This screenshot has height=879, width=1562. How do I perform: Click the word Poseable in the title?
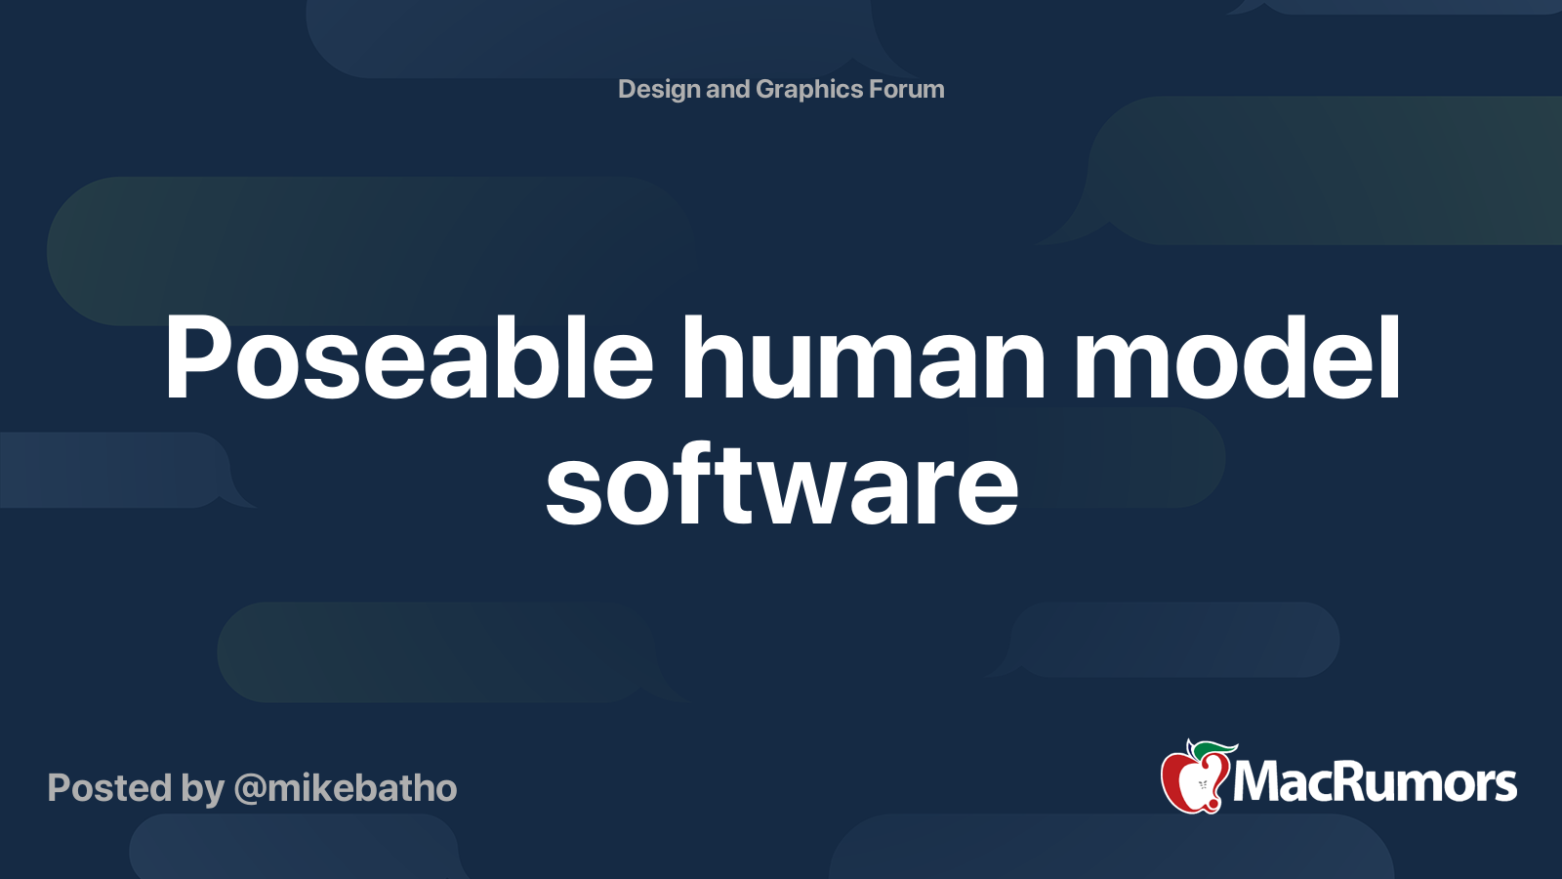coord(408,358)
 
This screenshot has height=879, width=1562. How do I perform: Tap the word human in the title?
coord(863,358)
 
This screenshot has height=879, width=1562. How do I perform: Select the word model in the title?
coord(1238,358)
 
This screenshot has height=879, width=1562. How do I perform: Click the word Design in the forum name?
coord(659,89)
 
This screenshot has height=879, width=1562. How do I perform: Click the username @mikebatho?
coord(346,788)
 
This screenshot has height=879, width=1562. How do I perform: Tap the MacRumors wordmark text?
coord(1375,782)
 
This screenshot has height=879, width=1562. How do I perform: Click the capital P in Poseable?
coord(195,358)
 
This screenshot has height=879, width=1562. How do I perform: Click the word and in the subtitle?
coord(727,89)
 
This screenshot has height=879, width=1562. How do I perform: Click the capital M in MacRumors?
coord(1256,782)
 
